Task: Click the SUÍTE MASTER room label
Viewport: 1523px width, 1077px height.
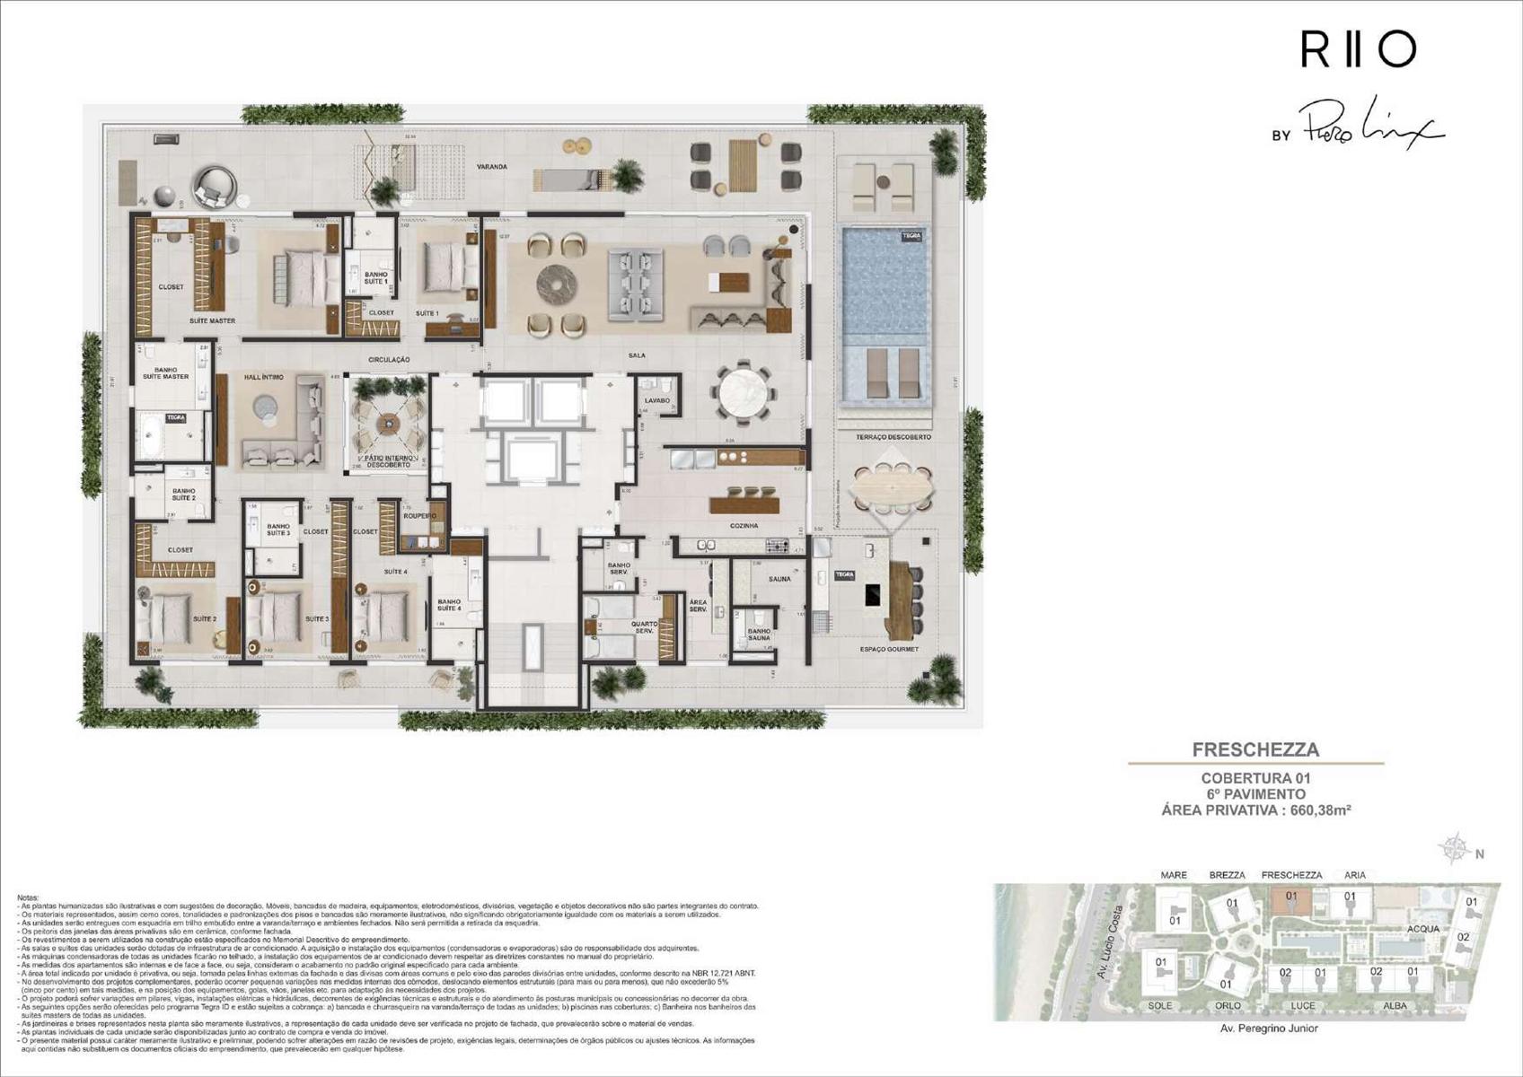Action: pyautogui.click(x=212, y=320)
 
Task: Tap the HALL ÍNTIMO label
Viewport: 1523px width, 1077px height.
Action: pyautogui.click(x=263, y=377)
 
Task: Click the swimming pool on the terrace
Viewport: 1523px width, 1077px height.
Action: pyautogui.click(x=885, y=278)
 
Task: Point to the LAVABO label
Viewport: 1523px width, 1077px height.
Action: pyautogui.click(x=656, y=400)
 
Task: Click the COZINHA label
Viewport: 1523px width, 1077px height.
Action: pyautogui.click(x=744, y=526)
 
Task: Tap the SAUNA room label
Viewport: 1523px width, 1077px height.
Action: pyautogui.click(x=779, y=579)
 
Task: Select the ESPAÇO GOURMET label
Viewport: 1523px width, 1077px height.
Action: pyautogui.click(x=885, y=649)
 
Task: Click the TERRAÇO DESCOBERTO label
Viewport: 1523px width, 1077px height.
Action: pyautogui.click(x=887, y=437)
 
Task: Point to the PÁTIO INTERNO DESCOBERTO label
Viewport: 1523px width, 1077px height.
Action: pyautogui.click(x=387, y=461)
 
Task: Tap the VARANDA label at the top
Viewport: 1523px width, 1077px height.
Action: pyautogui.click(x=492, y=167)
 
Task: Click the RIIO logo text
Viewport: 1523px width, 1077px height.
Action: pyautogui.click(x=1358, y=50)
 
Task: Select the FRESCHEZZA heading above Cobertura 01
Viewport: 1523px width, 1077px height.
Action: pyautogui.click(x=1255, y=749)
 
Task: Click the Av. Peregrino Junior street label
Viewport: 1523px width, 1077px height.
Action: pyautogui.click(x=1269, y=1029)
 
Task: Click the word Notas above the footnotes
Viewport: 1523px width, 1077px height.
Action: pyautogui.click(x=29, y=897)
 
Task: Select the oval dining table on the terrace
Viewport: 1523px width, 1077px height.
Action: pyautogui.click(x=893, y=489)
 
